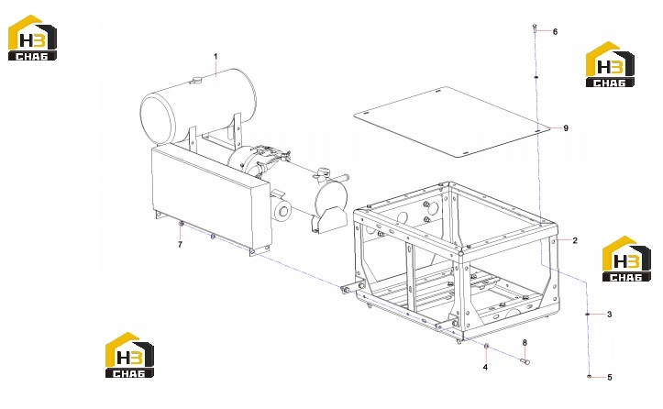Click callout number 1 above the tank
(215, 56)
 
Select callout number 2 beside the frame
(575, 240)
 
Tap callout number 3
(609, 315)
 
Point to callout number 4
(485, 367)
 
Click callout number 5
(609, 377)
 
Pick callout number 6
(555, 32)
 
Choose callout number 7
(180, 245)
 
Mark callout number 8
(525, 343)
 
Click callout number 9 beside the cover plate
(566, 128)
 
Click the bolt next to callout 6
(535, 29)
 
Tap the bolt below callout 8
(525, 360)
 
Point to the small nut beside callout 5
(589, 376)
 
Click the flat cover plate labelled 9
(451, 122)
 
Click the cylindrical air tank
(198, 105)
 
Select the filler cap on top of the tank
(196, 80)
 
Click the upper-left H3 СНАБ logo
(32, 38)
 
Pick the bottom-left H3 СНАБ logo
(129, 355)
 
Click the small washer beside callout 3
(587, 315)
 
